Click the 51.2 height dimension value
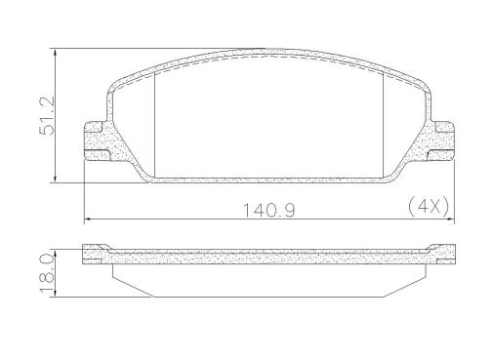pos(46,116)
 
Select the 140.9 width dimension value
pos(269,210)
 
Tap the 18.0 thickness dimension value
pos(46,273)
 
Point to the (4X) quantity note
pos(429,206)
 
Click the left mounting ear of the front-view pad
pos(98,141)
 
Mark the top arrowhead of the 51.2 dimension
pos(56,53)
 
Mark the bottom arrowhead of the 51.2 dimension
pos(56,179)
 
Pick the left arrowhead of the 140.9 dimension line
pos(88,220)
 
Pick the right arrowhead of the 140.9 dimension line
pos(450,220)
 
